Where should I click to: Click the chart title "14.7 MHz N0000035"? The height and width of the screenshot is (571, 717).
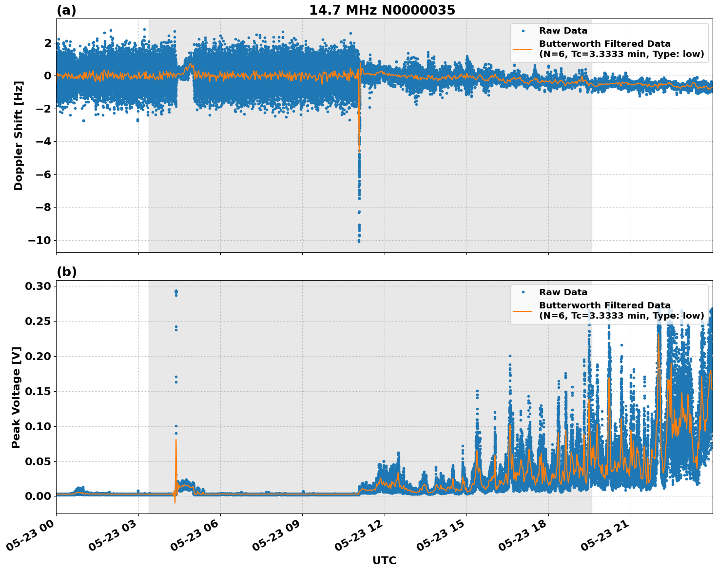pos(382,10)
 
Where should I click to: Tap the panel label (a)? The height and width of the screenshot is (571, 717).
pos(66,10)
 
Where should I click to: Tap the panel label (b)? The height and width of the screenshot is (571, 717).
pos(66,272)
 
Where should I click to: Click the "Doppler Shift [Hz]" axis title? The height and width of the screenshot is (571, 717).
pos(19,135)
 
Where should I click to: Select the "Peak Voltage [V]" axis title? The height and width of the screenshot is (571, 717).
pos(16,397)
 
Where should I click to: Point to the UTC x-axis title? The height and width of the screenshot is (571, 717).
pos(384,560)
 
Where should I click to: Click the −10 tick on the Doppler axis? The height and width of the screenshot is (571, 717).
pos(39,240)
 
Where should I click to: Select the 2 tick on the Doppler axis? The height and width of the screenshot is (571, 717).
pos(47,43)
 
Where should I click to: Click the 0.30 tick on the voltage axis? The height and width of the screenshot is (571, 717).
pos(38,286)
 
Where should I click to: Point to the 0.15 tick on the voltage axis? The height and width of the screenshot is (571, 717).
pos(38,391)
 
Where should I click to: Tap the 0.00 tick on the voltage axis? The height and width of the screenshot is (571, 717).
pos(38,496)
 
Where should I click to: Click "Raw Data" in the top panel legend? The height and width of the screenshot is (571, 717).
pos(563,31)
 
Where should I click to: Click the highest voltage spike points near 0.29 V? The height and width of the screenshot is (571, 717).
pos(176,291)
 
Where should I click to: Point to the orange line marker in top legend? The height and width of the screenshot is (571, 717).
pos(523,49)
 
